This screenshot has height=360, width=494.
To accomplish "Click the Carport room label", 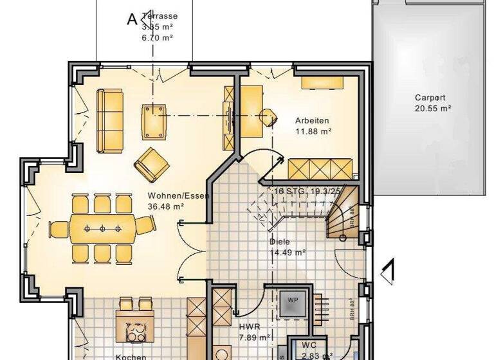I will pos(432,98).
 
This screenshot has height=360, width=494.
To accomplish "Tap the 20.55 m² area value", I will pos(432,109).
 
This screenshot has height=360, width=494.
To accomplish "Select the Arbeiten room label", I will pos(313,120).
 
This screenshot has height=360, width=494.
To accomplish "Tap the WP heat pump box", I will pos(293,300).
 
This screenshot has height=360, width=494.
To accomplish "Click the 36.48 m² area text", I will pos(166,206).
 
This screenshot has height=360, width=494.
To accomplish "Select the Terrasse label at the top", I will pos(160,16).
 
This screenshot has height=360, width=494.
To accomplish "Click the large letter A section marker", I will pos(133,19).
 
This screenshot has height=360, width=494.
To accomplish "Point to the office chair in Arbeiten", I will pos(268,116).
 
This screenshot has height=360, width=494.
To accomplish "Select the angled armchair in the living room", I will pos(152,164).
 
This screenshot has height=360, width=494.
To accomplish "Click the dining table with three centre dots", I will pos(102,228).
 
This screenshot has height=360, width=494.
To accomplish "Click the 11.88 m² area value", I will pos(313,131).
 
